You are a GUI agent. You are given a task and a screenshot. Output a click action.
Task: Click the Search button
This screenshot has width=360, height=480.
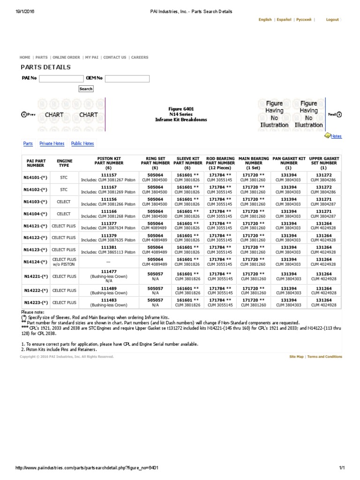tap(86, 89)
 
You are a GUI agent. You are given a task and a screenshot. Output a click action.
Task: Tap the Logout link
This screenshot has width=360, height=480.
tap(332, 20)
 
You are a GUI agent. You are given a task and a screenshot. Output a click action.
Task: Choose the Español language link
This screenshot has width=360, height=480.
tap(284, 20)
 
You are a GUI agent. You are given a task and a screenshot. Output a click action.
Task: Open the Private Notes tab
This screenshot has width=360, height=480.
tap(52, 143)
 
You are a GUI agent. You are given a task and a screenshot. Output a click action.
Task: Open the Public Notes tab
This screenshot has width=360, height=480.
tap(82, 143)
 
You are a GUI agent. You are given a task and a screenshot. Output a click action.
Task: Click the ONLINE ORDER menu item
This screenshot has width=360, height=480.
tap(66, 57)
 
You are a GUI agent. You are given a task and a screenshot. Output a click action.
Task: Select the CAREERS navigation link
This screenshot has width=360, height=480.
tap(140, 57)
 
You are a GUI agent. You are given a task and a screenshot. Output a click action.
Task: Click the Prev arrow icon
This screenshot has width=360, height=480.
tap(24, 114)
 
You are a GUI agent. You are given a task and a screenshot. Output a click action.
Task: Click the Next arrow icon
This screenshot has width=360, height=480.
tap(339, 114)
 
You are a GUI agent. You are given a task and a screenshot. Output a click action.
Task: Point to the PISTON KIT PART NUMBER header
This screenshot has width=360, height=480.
tap(108, 163)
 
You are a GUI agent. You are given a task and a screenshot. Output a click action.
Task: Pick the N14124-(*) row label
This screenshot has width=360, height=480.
tap(36, 262)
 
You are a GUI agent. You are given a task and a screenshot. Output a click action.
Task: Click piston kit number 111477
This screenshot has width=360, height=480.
tap(108, 271)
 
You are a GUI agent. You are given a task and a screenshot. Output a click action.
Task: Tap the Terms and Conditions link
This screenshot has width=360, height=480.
tap(324, 357)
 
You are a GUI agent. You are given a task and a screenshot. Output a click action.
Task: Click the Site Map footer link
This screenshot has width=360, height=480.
tap(296, 357)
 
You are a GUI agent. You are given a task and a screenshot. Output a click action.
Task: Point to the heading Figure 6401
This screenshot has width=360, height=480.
tap(181, 109)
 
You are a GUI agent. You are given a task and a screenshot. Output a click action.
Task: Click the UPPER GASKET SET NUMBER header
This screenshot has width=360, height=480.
tap(324, 163)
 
